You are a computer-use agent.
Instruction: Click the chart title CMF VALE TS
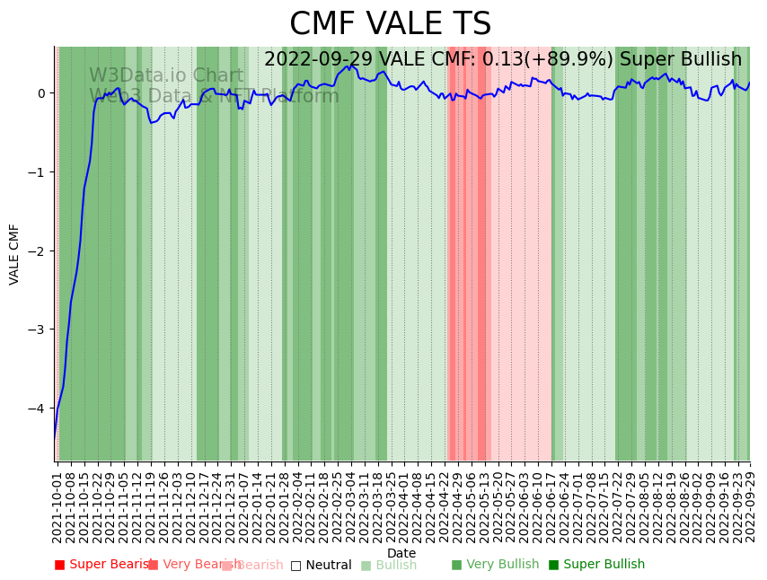[x=390, y=24]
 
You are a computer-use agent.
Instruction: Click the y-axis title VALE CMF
[x=14, y=254]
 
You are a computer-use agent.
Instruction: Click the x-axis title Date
[x=401, y=553]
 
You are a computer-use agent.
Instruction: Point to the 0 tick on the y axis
[x=41, y=93]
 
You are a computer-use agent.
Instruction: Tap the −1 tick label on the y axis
[x=38, y=172]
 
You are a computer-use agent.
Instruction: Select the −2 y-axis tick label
[x=38, y=251]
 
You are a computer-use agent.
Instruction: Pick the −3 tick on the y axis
[x=38, y=330]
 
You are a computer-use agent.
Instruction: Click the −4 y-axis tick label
[x=38, y=409]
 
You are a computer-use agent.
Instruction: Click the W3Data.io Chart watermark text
[x=165, y=76]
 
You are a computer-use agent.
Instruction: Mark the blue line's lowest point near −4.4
[x=55, y=437]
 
